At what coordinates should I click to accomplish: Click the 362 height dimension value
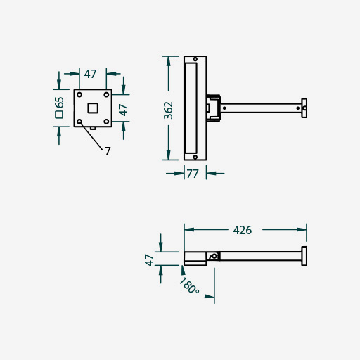(169, 110)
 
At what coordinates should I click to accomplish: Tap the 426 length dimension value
(243, 230)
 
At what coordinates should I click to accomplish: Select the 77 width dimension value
(193, 174)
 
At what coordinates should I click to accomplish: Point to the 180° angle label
(189, 285)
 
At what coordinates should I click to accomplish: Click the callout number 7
(108, 151)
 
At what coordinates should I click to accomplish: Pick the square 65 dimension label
(59, 108)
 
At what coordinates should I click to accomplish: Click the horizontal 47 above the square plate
(91, 74)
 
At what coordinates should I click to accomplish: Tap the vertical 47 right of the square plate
(123, 110)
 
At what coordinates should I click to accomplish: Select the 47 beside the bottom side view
(149, 260)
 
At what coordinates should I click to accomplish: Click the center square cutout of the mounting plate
(93, 108)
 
